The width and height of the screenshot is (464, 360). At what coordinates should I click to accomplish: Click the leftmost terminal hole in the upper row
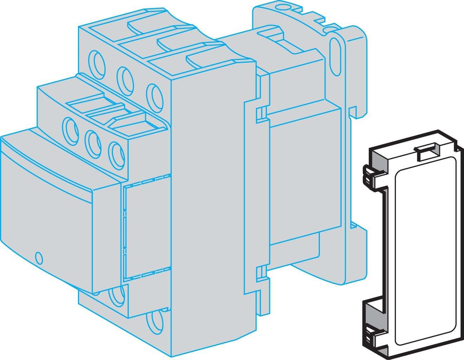(95, 60)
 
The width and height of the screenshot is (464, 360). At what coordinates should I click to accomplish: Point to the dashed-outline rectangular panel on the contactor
(147, 231)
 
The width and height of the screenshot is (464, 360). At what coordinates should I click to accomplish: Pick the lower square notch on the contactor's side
(260, 271)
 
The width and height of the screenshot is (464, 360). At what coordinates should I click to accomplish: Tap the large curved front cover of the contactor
(49, 211)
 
